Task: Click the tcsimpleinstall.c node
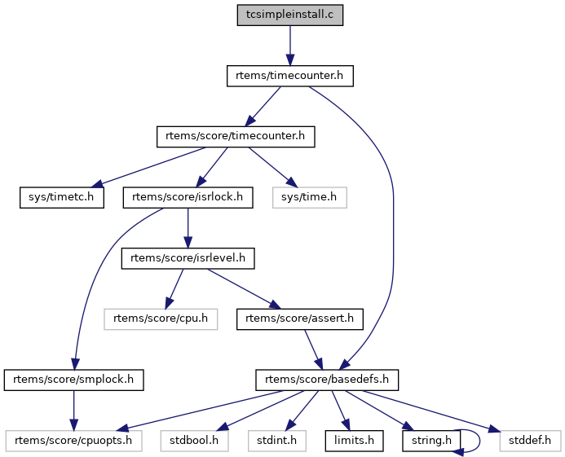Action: (289, 15)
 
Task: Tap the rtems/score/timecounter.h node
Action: (236, 136)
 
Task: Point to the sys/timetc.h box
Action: (62, 196)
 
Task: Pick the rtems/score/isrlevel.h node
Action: (188, 257)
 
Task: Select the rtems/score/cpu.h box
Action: (161, 319)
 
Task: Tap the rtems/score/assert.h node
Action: (300, 319)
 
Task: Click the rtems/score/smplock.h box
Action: (74, 379)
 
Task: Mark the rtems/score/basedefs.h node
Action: (326, 379)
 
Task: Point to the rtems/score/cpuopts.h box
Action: (74, 440)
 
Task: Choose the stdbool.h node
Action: (193, 440)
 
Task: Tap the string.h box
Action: (430, 440)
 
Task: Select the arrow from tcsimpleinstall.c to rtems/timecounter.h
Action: (289, 45)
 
